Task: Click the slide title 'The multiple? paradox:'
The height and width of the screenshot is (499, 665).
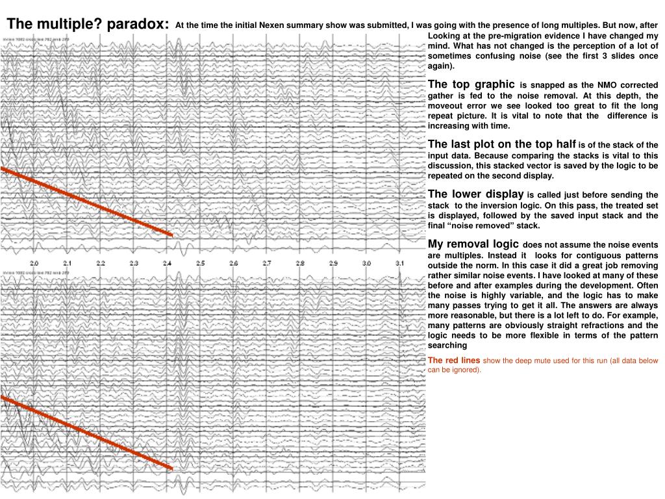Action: pos(88,24)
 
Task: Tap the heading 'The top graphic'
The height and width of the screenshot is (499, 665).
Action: pos(471,84)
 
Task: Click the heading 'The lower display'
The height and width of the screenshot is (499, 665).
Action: pos(475,194)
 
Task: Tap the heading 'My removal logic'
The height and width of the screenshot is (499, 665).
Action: pos(473,244)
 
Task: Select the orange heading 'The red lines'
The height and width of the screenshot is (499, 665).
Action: pos(454,360)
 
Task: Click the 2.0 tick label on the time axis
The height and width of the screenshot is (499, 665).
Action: pos(34,263)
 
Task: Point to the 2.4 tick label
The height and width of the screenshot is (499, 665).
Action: pos(167,263)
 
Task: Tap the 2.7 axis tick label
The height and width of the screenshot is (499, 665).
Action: pos(267,263)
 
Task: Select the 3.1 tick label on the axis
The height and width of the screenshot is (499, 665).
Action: pos(399,263)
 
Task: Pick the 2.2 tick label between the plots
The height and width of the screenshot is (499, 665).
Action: pos(101,263)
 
